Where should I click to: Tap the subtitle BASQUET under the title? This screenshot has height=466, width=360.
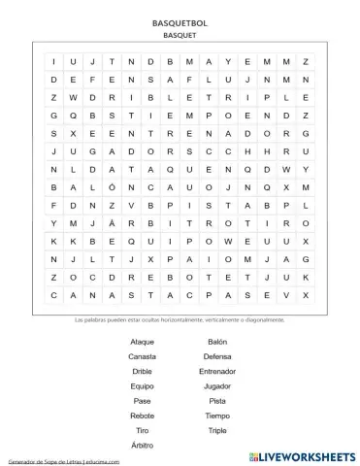(x=180, y=33)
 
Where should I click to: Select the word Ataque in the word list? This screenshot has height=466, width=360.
(x=142, y=342)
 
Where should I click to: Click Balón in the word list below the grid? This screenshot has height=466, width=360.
(x=217, y=342)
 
